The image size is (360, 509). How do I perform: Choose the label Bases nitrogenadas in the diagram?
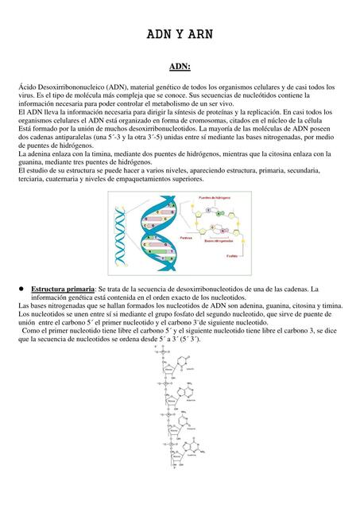click(220, 240)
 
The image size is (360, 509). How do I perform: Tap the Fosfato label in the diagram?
click(230, 255)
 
